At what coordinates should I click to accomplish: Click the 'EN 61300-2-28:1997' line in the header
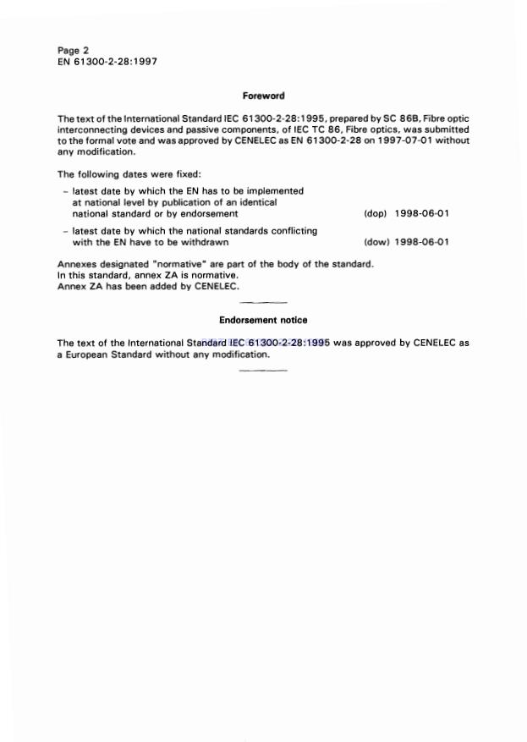coord(107,61)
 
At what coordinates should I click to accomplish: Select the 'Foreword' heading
coord(263,96)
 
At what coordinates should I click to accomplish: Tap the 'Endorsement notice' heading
coord(263,320)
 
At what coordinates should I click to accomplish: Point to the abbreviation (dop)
coord(375,214)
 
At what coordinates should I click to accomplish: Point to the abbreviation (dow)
coord(376,242)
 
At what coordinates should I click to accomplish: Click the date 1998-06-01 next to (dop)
coord(421,214)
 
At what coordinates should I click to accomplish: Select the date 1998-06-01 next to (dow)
coord(421,242)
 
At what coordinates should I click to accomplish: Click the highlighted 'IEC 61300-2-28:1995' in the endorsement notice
coord(278,343)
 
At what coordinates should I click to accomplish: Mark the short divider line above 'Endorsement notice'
coord(263,302)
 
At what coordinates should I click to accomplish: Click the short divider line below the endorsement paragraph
coord(263,371)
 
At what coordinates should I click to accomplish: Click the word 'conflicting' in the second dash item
coord(291,230)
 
